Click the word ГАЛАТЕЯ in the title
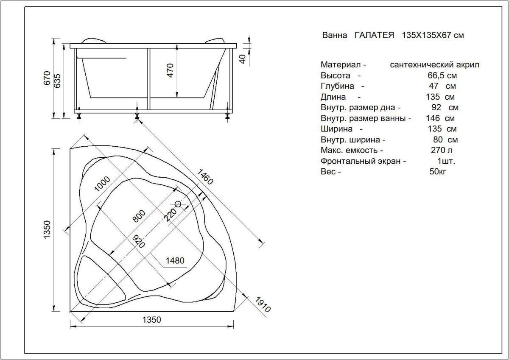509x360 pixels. click(374, 35)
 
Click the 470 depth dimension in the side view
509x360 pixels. click(170, 70)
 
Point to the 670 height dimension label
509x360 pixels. click(47, 78)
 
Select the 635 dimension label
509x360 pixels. click(58, 81)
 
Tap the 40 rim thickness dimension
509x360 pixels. click(243, 59)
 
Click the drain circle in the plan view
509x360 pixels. click(178, 204)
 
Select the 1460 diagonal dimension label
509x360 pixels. click(205, 177)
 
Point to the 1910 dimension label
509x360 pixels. click(263, 304)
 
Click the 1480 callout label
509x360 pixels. click(175, 260)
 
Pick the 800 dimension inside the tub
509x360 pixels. click(139, 216)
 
